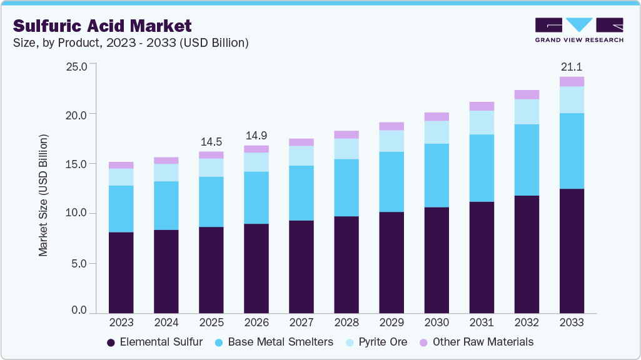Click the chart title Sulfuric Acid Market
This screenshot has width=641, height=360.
pyautogui.click(x=102, y=26)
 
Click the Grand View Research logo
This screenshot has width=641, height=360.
pyautogui.click(x=579, y=30)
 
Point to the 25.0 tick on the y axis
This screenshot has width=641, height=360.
pyautogui.click(x=79, y=65)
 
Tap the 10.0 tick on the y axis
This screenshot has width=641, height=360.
pyautogui.click(x=79, y=214)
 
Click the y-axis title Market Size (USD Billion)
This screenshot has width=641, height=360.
pyautogui.click(x=43, y=195)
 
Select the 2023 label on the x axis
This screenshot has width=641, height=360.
pyautogui.click(x=121, y=322)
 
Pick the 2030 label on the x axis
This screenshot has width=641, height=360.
pyautogui.click(x=437, y=322)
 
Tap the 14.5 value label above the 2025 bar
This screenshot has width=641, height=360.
pyautogui.click(x=211, y=141)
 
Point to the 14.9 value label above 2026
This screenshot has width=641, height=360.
pyautogui.click(x=256, y=136)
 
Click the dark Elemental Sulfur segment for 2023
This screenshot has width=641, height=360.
pyautogui.click(x=121, y=272)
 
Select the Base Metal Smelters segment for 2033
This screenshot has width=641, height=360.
pyautogui.click(x=572, y=151)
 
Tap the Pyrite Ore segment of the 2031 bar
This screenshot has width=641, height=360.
pyautogui.click(x=482, y=122)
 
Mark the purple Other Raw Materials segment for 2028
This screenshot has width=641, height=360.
pyautogui.click(x=346, y=134)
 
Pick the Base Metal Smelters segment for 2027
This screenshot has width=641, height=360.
pyautogui.click(x=301, y=193)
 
